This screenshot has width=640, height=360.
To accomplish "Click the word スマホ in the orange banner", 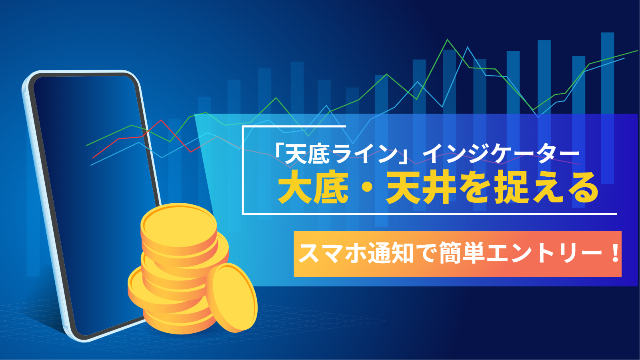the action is point(332,253).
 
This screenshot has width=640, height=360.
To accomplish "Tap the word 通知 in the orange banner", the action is point(390,253).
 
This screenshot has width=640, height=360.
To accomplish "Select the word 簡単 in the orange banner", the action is point(462,253).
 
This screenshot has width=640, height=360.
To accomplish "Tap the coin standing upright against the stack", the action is point(232,298).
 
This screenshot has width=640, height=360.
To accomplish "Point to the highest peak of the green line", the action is point(448,40).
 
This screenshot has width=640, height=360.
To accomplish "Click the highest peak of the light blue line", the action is point(468,48).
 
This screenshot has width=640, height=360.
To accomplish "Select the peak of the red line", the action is point(161,120).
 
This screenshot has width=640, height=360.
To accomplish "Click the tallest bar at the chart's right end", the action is point(608,108).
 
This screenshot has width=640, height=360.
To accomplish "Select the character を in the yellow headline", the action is point(475,188).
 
